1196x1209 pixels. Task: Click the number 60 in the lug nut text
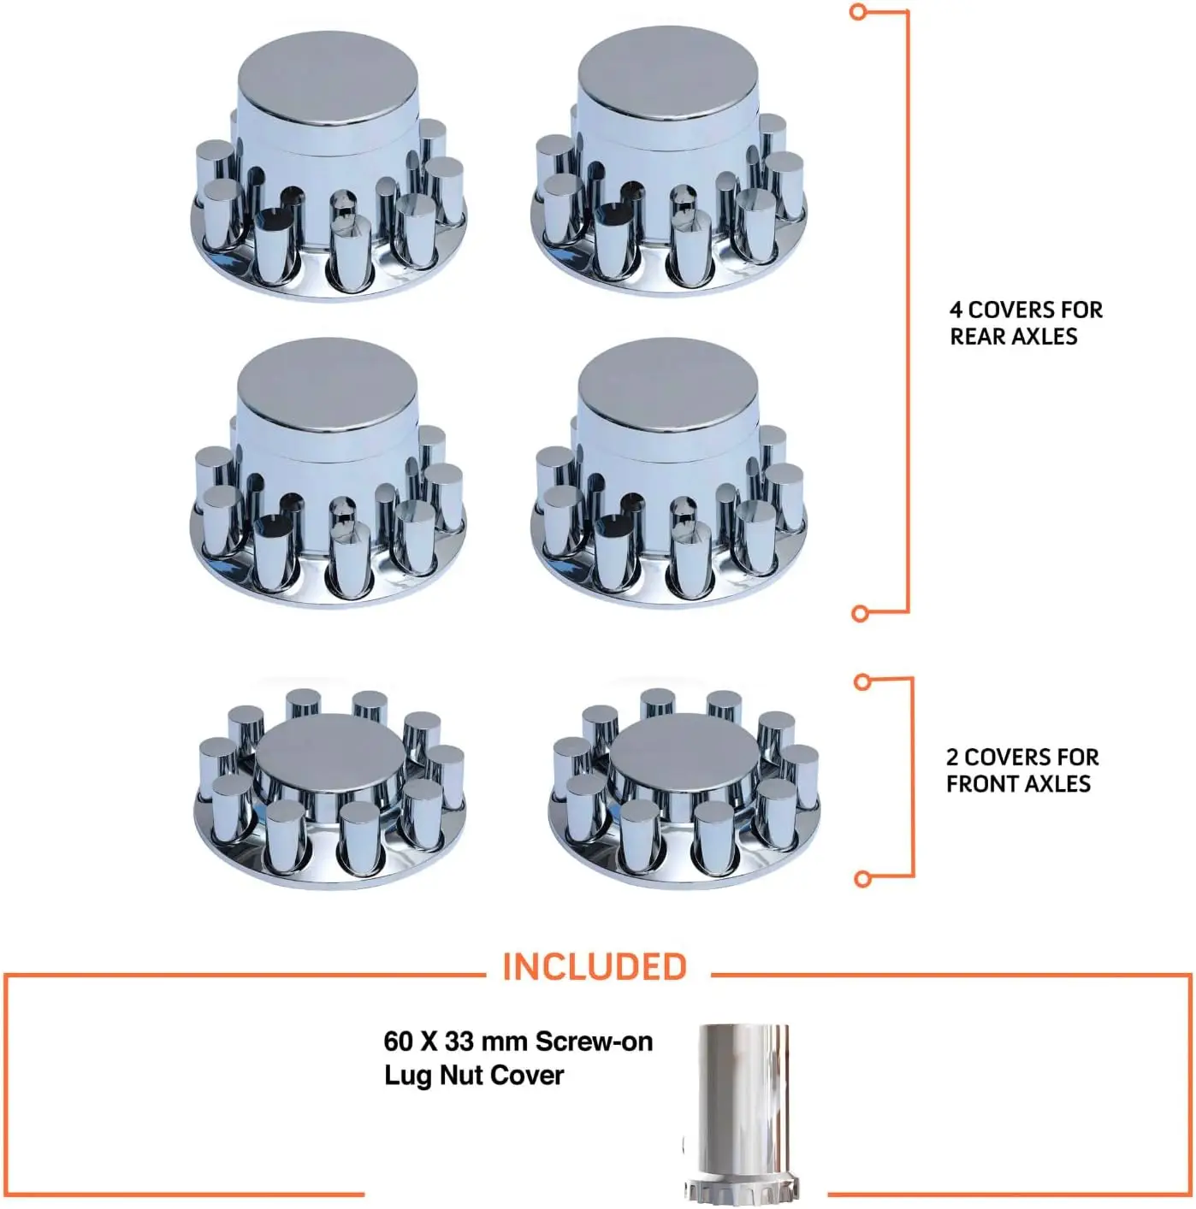[399, 1042]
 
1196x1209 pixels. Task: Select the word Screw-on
[594, 1042]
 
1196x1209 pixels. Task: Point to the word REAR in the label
[976, 336]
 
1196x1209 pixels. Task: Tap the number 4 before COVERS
[956, 310]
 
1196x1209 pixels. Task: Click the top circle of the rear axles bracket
[858, 11]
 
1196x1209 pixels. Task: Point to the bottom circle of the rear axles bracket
[860, 613]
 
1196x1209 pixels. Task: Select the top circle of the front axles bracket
[862, 682]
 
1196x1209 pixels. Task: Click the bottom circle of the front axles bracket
[863, 879]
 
